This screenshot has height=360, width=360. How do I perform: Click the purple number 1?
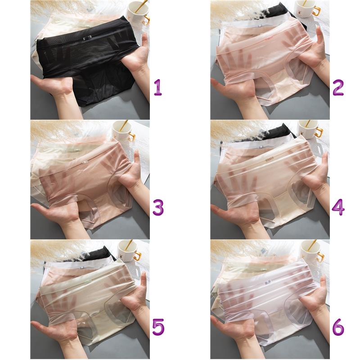point(158,87)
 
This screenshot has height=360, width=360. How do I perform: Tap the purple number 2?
point(338,87)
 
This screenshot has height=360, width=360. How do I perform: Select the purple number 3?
point(158,207)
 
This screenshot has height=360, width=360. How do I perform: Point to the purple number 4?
point(338,207)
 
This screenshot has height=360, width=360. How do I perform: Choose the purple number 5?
point(158,327)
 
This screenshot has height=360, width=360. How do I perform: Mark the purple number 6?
point(338,327)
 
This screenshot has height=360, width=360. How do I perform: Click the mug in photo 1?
point(139,13)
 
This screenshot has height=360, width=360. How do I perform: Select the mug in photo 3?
point(123,131)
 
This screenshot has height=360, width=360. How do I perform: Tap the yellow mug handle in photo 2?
point(316,11)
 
